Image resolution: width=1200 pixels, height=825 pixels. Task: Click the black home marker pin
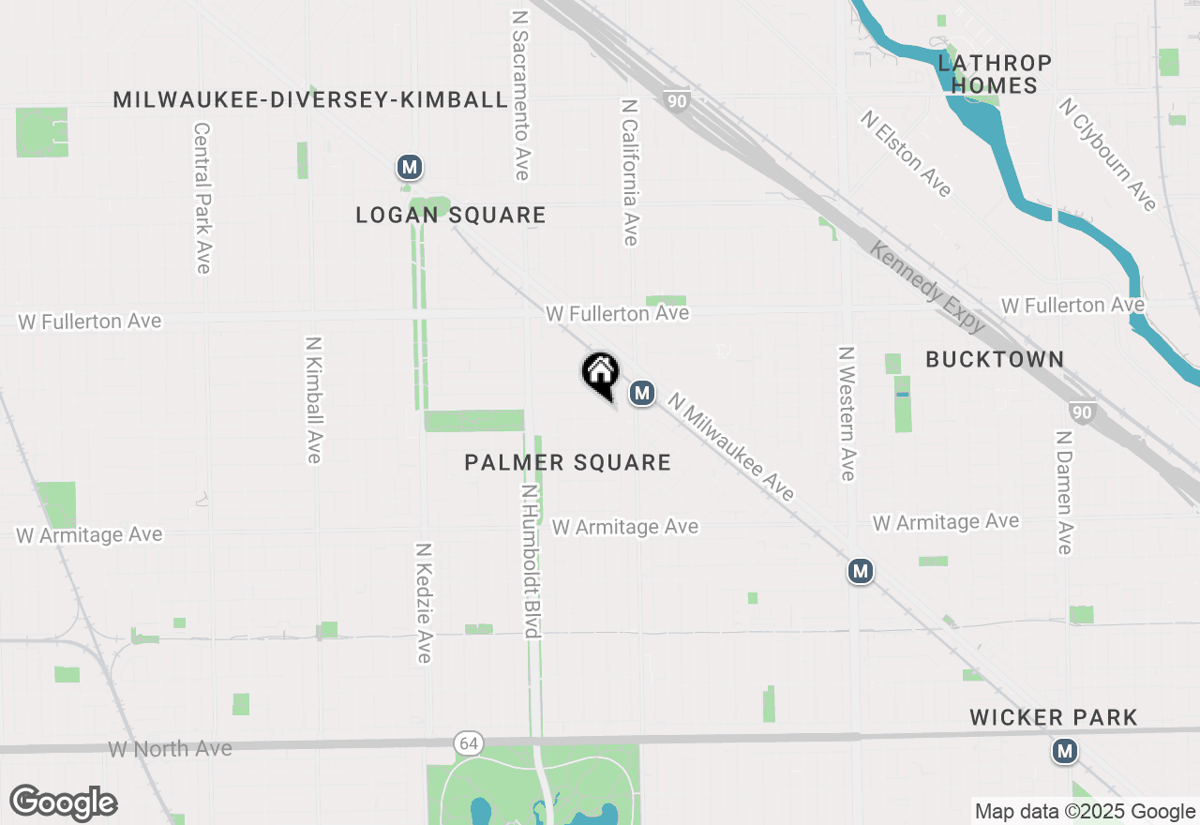click(601, 374)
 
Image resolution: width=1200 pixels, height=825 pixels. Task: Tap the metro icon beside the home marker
click(641, 393)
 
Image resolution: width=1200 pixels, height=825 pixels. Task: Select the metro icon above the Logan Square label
click(409, 168)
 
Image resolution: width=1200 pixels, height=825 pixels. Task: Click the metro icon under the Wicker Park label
click(1064, 751)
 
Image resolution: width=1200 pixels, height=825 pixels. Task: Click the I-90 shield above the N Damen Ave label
click(1081, 412)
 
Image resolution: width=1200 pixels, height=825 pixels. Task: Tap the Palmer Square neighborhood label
click(568, 462)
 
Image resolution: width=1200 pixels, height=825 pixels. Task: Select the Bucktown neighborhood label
click(995, 359)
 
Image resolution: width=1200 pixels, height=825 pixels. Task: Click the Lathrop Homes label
click(995, 74)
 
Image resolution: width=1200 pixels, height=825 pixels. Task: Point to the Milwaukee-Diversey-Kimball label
click(310, 99)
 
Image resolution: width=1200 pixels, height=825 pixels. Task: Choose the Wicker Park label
click(1054, 718)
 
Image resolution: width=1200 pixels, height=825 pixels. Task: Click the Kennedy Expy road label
click(927, 287)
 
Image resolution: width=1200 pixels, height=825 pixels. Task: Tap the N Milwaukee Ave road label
click(731, 446)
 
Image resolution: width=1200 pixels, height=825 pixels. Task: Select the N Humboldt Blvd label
click(532, 561)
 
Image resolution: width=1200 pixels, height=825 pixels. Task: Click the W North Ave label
click(170, 749)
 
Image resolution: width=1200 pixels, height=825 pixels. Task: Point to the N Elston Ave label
click(907, 155)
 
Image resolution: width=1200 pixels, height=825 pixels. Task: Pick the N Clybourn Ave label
click(1107, 155)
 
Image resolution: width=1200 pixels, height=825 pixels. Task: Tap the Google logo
click(63, 803)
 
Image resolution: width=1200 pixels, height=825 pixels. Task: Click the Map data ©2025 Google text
click(1085, 812)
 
